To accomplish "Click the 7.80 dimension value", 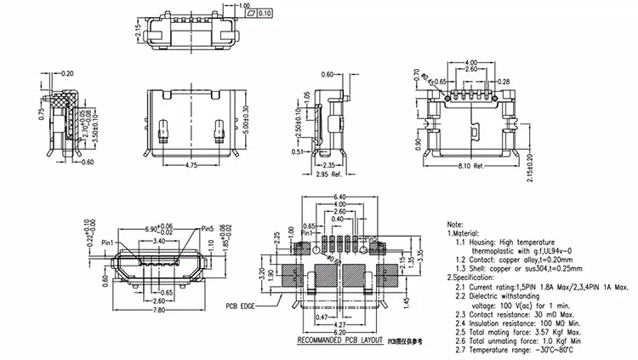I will (160, 310).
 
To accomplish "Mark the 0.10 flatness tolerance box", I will (265, 14).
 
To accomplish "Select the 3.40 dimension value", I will (159, 242).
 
